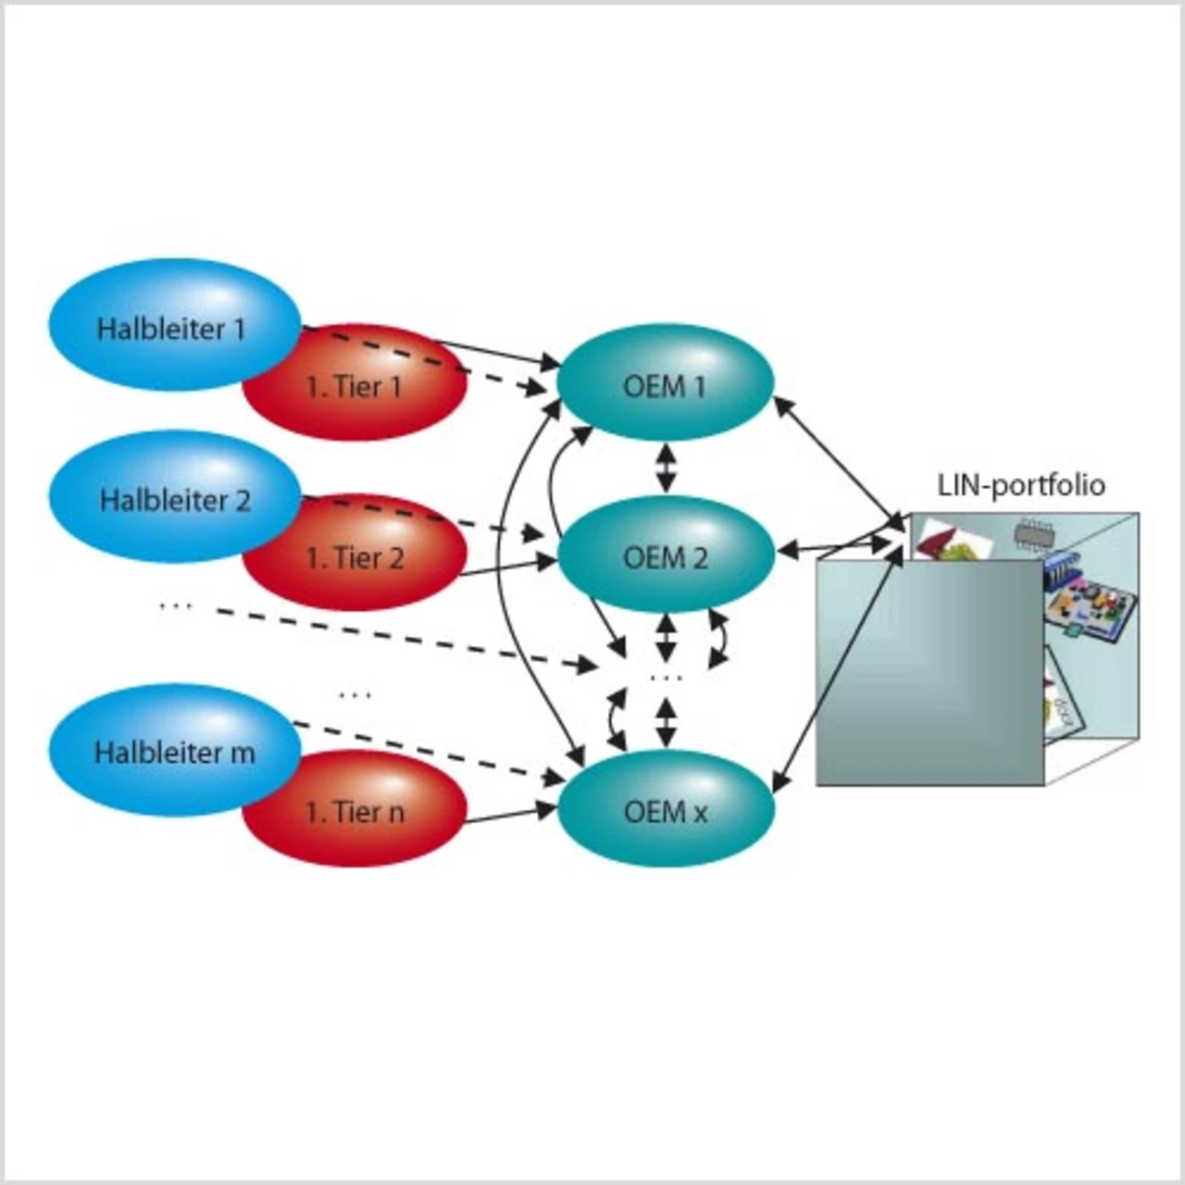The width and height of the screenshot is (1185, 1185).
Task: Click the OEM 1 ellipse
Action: pos(665,383)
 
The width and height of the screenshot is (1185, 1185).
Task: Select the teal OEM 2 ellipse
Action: pos(665,555)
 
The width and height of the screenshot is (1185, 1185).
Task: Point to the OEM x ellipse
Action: pos(665,811)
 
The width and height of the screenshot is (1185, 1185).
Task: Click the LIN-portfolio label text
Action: pos(1021,485)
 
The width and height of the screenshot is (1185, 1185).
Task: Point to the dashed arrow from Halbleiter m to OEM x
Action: pos(426,751)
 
